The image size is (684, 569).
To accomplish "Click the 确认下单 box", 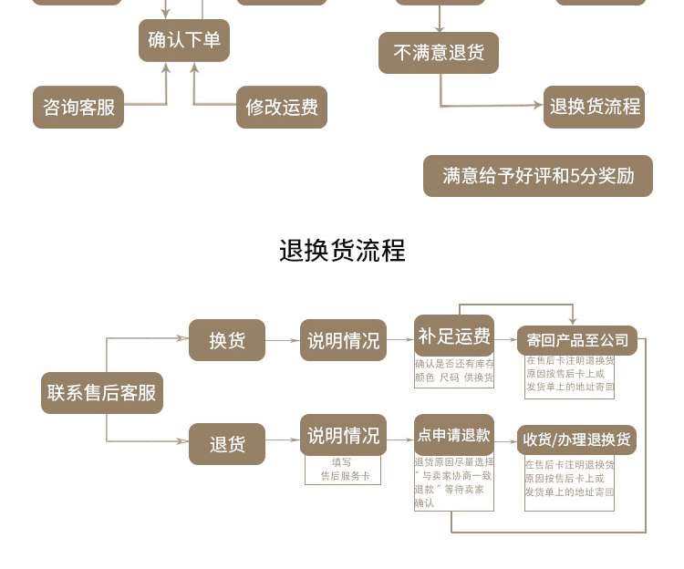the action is (x=184, y=40).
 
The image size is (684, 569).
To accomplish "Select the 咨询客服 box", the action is (x=78, y=107).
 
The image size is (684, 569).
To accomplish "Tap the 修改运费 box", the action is (x=282, y=107).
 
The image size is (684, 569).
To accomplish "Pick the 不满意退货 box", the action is (x=439, y=53).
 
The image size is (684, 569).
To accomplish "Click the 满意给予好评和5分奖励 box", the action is (x=538, y=176).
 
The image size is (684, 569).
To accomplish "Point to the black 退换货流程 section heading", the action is (x=342, y=251).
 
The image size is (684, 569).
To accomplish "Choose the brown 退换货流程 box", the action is (x=595, y=107).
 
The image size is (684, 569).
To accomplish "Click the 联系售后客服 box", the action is (x=102, y=393).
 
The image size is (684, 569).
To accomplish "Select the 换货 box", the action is (x=227, y=340).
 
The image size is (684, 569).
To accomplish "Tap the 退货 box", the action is (x=227, y=444).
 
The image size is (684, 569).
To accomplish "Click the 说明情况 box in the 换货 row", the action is (x=343, y=340).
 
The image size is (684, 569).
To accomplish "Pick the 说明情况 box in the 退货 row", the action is (x=343, y=435).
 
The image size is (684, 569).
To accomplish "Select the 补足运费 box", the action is (x=454, y=336).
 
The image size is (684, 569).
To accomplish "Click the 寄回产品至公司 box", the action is (x=576, y=340).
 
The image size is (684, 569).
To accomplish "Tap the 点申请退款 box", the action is (x=454, y=435).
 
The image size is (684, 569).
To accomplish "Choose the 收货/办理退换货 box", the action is (x=576, y=440).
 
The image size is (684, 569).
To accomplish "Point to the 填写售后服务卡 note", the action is (x=343, y=470).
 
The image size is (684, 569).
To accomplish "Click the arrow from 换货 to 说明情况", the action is (x=283, y=341).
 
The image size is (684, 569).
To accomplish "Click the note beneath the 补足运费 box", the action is (x=454, y=371).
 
